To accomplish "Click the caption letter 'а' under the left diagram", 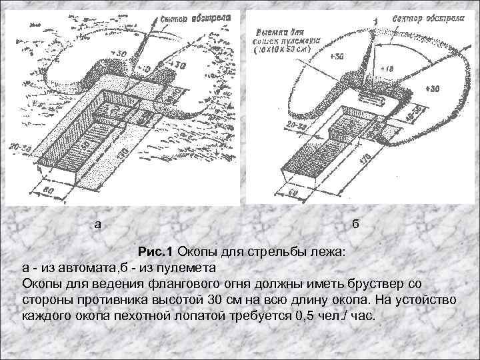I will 98,224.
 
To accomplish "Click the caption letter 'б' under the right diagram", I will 355,224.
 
